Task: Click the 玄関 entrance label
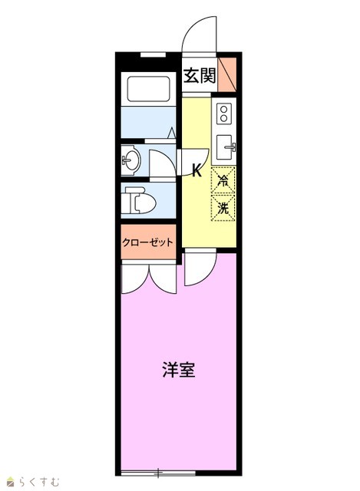point(200,75)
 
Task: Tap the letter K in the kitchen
point(197,171)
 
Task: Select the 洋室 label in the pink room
point(179,370)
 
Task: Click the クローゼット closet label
point(147,242)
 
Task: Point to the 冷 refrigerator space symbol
point(223,180)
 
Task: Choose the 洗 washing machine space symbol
point(223,208)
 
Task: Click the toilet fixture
point(140,200)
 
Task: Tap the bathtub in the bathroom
point(148,89)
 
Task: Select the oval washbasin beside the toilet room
point(131,160)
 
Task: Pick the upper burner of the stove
point(223,110)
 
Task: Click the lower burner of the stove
point(223,118)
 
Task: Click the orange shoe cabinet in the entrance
point(227,75)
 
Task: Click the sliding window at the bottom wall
point(158,473)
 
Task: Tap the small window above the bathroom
point(153,54)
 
